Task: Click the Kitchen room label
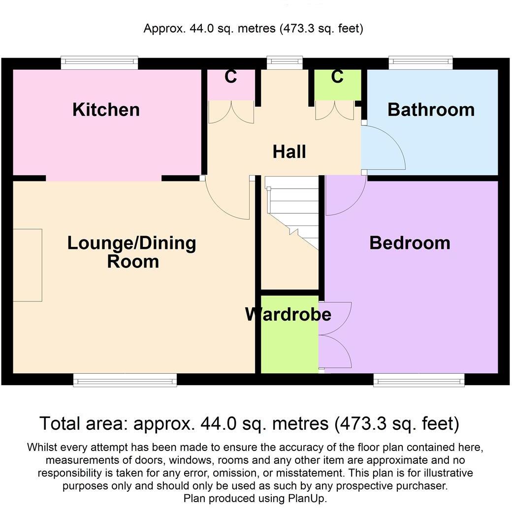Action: tap(106, 109)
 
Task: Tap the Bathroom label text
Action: tap(431, 109)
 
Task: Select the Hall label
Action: tap(289, 152)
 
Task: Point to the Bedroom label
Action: tap(410, 242)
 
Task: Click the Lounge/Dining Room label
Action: tap(131, 252)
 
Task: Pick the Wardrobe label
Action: tap(288, 314)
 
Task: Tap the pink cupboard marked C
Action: tap(231, 84)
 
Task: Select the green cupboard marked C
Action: tap(337, 84)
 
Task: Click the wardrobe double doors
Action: tap(336, 334)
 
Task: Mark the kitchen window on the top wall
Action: tap(99, 62)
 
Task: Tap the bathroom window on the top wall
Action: tap(420, 62)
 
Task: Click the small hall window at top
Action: tap(285, 62)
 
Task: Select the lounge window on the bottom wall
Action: tap(125, 380)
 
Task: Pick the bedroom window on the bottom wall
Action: tap(418, 380)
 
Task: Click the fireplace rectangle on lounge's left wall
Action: tap(27, 265)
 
